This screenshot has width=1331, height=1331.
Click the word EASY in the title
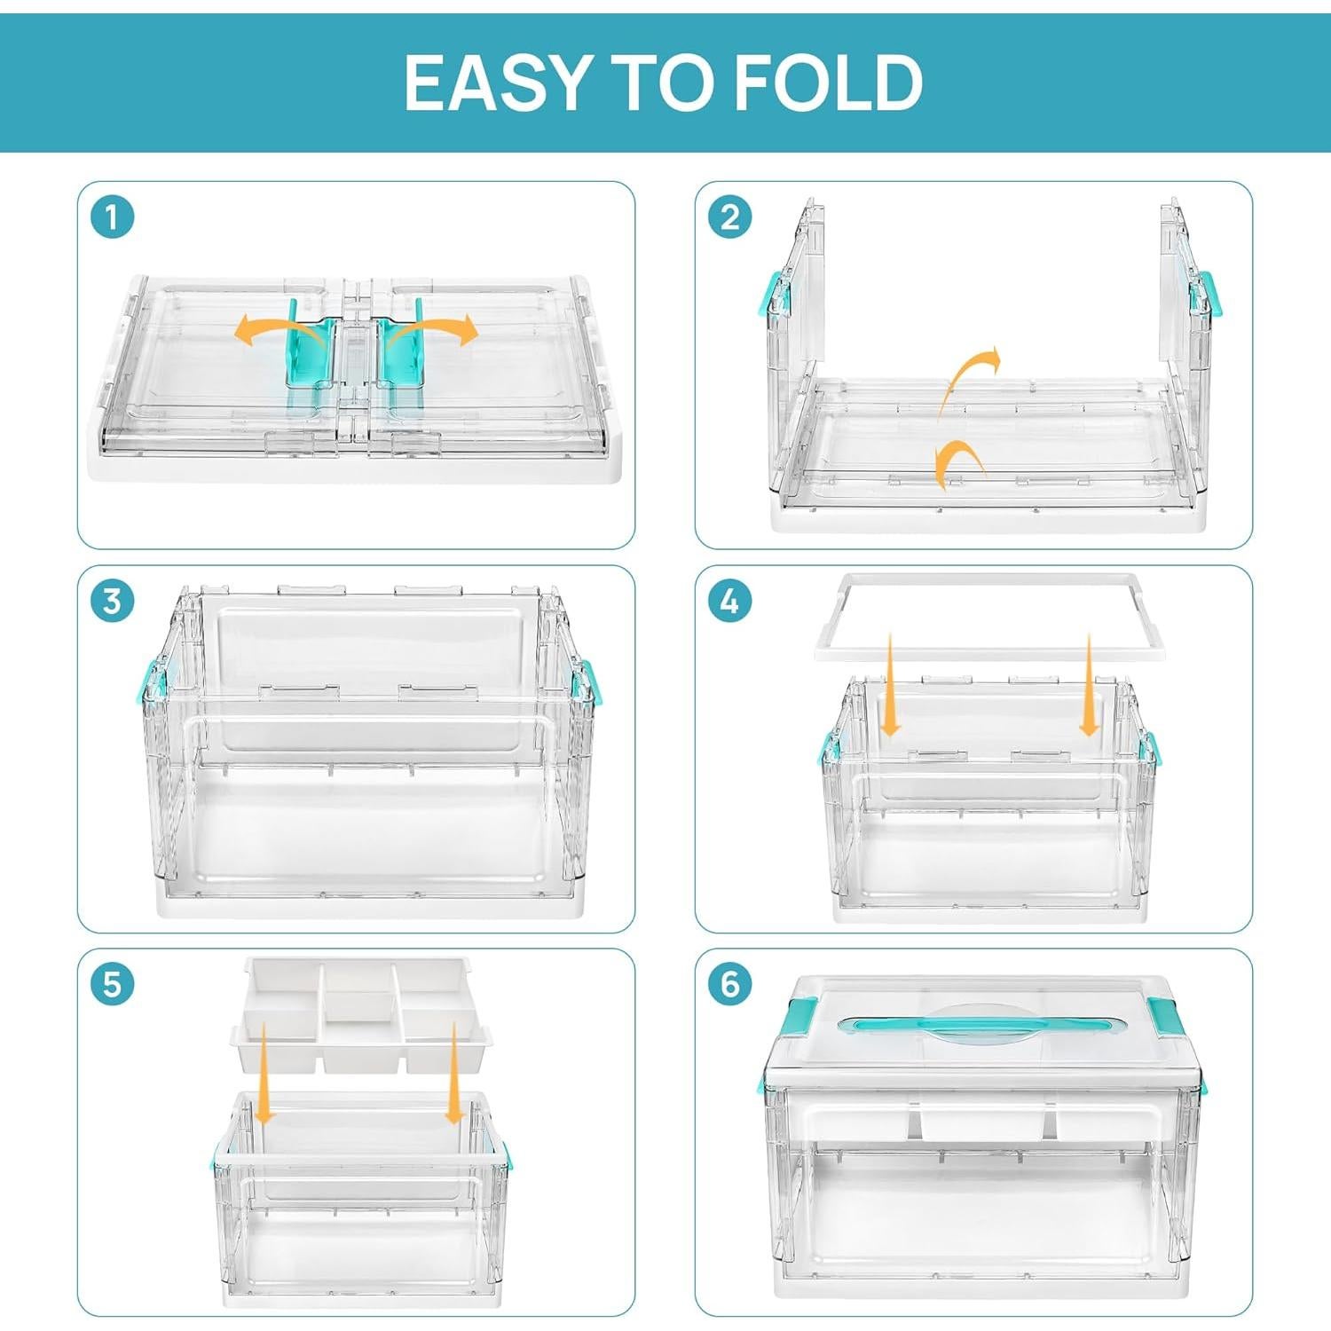coord(499,83)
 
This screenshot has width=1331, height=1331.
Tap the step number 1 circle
coord(112,217)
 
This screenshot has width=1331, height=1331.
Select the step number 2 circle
coord(729,217)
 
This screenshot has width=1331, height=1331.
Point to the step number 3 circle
coord(112,602)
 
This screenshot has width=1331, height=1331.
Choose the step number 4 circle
coord(729,602)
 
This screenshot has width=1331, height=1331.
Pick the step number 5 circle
coord(112,985)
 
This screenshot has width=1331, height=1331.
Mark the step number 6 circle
coord(729,985)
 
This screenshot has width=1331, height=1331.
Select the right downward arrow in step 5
coord(454,1074)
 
